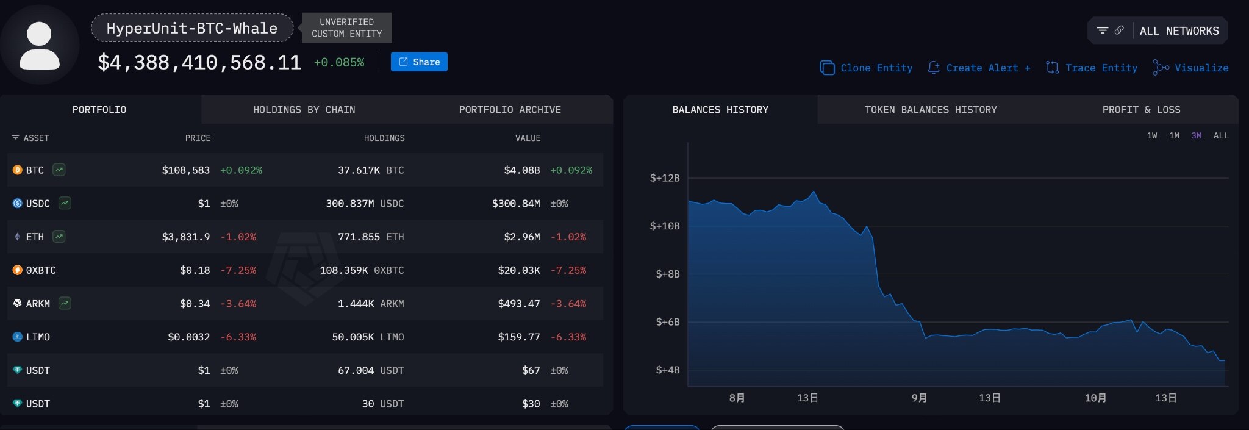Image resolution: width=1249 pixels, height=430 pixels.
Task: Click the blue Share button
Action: coord(419,62)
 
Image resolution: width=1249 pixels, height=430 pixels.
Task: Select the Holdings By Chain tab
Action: coord(304,110)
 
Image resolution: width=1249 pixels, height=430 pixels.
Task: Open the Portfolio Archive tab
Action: coord(510,110)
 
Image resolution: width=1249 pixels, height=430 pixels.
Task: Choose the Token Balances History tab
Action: coord(931,110)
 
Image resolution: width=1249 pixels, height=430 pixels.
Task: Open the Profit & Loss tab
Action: coord(1141,110)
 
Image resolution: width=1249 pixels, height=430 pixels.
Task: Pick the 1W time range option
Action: coord(1151,136)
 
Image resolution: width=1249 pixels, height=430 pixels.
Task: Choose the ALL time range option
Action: coord(1220,136)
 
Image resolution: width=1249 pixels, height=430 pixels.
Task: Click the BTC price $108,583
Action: coord(185,170)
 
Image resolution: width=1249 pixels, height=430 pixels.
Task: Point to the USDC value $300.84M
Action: coord(515,204)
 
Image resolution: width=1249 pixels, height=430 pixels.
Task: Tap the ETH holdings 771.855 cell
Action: coord(359,237)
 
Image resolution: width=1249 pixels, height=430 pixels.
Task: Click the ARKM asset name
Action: coord(38,304)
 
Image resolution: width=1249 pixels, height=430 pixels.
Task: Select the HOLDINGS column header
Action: coord(384,138)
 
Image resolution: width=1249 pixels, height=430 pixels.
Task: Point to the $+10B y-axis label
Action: coord(664,226)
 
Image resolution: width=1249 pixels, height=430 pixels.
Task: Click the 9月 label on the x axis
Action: coord(919,398)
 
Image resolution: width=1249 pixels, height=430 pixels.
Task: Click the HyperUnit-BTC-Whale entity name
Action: coord(191,28)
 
